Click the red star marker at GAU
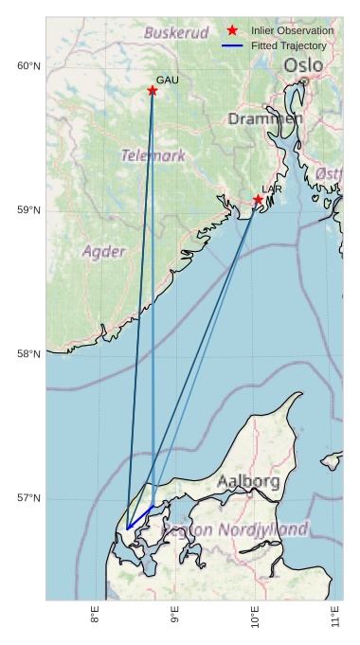click(152, 91)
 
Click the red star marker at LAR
click(258, 200)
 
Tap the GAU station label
click(167, 81)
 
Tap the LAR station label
click(272, 189)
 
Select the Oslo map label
click(303, 65)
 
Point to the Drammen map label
click(265, 119)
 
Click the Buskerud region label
click(175, 33)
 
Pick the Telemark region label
click(153, 155)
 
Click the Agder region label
click(103, 252)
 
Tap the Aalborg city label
click(248, 482)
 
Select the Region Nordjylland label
click(236, 529)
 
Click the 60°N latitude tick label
click(28, 65)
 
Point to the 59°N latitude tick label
click(28, 210)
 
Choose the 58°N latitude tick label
click(28, 354)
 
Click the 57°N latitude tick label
click(28, 499)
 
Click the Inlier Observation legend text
click(292, 31)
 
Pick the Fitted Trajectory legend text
click(288, 45)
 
